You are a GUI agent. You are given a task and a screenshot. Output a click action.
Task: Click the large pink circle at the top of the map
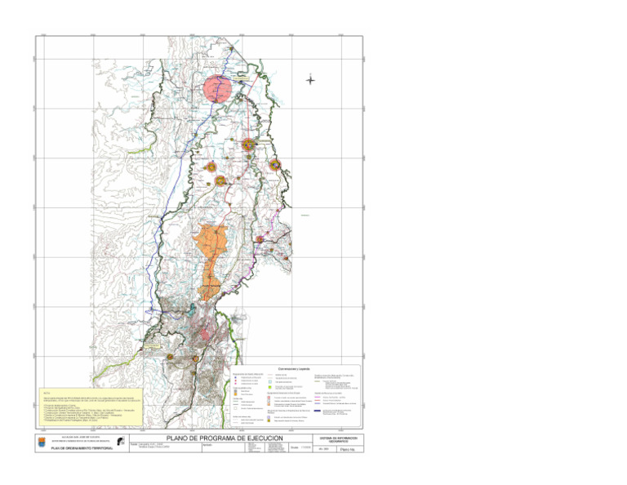click(x=219, y=87)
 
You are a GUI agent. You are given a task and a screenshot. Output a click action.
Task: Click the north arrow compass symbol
click(x=310, y=79)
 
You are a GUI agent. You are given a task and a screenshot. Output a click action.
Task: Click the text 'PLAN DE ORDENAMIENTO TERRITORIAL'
click(x=81, y=448)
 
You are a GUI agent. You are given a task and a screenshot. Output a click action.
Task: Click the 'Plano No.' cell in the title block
click(x=347, y=449)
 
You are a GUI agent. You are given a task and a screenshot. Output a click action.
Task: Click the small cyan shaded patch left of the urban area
click(x=181, y=309)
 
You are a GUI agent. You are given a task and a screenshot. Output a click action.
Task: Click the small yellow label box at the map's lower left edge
click(x=153, y=346)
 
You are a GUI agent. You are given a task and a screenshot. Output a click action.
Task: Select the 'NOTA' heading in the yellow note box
click(x=47, y=392)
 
